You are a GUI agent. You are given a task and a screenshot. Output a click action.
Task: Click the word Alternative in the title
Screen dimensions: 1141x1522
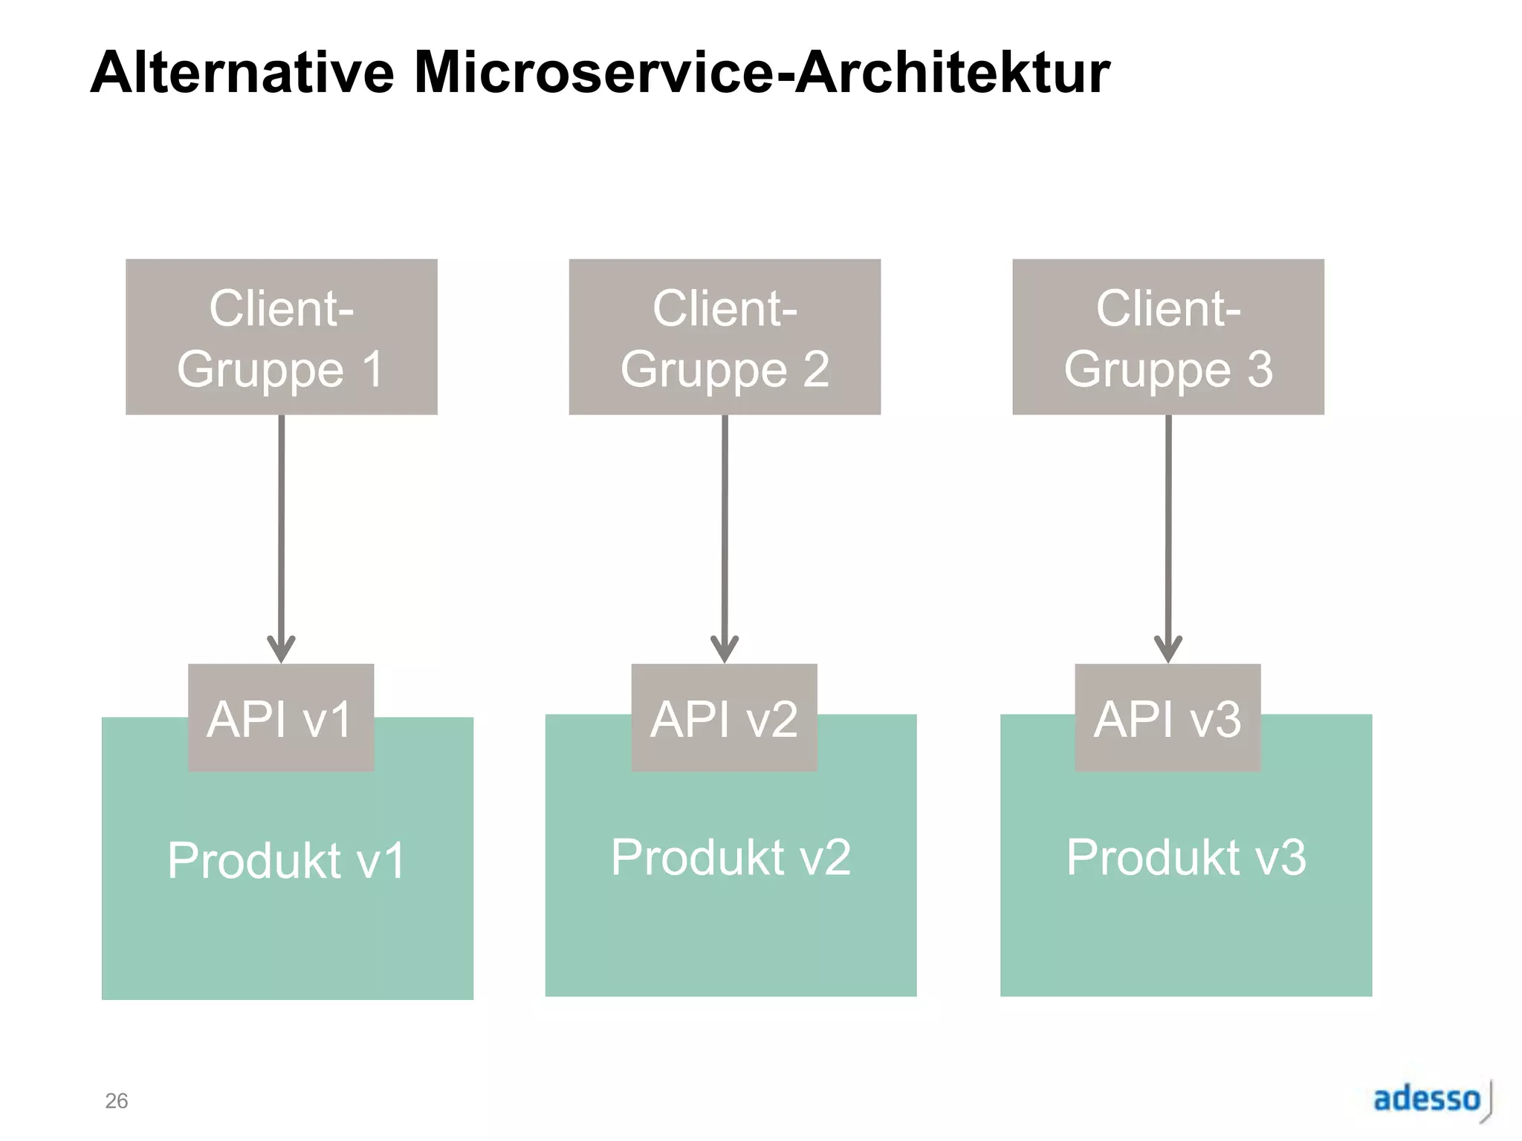242,73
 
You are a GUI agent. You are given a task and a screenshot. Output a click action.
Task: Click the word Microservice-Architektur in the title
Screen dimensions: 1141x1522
761,73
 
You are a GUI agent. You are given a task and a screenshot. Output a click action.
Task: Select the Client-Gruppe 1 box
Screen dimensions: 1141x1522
281,337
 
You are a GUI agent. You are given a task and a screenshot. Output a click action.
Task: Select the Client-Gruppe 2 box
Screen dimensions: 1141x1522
725,337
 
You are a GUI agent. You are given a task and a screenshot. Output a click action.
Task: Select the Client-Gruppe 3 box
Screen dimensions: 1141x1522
1168,337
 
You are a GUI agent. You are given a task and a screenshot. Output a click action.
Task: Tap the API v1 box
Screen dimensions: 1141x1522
281,718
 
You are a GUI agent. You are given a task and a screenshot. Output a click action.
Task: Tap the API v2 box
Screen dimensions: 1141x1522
725,718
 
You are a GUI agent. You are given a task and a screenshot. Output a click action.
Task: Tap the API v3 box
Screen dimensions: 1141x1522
1168,718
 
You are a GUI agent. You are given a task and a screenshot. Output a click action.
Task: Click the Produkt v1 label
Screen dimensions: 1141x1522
287,860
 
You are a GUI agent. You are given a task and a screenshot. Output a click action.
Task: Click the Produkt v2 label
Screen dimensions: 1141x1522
731,857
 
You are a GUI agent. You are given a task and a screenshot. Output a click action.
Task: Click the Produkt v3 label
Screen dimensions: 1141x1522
1186,857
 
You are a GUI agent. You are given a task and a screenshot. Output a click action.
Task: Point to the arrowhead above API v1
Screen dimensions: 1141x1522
281,649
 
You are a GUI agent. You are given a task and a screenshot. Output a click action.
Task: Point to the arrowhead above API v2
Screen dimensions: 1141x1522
725,649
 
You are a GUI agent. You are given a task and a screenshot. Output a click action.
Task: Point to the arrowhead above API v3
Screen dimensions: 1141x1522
1168,649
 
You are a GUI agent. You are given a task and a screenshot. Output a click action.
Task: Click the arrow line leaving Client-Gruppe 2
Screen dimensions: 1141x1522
725,520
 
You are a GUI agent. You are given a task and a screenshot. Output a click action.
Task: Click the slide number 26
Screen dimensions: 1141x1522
117,1100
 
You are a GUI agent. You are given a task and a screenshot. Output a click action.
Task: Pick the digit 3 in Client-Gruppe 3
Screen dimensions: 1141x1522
1260,369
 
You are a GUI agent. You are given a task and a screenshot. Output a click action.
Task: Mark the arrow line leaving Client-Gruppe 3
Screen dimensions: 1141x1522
1168,520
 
